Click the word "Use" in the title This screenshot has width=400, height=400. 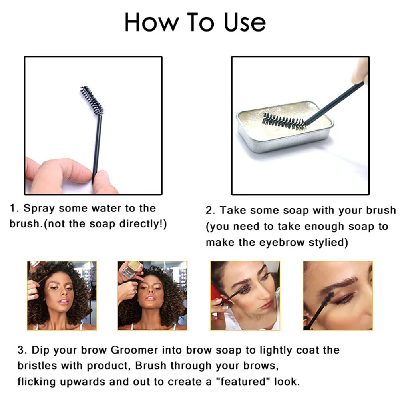(x=245, y=22)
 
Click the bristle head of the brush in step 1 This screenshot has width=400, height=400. (x=92, y=100)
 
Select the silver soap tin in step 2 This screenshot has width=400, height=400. (x=285, y=126)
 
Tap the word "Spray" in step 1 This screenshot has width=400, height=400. (x=39, y=209)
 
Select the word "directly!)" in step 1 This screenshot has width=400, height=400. (x=143, y=224)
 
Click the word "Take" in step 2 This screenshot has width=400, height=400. (x=232, y=210)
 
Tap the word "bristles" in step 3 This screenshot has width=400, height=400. (x=37, y=366)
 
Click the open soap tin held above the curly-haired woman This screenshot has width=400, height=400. (x=130, y=269)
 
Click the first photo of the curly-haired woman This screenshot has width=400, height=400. (x=62, y=296)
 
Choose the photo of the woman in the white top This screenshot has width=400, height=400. (x=245, y=296)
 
